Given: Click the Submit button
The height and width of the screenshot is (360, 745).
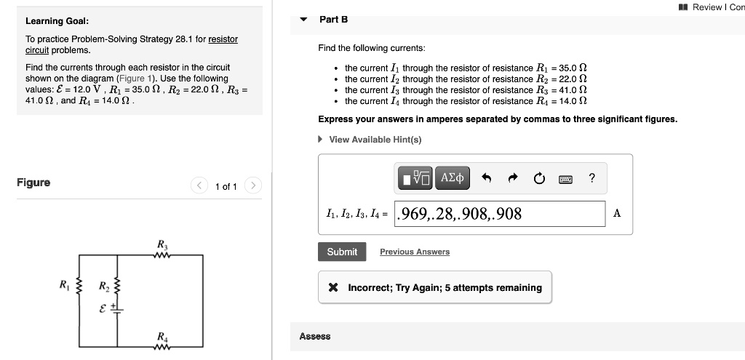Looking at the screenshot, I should pos(342,252).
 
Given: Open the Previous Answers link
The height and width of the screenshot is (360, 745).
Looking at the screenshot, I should pos(414,252).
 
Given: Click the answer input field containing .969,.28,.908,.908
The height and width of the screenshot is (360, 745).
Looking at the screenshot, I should pos(499,214).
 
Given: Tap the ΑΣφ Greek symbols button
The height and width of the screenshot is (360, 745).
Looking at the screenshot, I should pos(453,178).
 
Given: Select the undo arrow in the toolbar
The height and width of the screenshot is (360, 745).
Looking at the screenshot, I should pos(487,178).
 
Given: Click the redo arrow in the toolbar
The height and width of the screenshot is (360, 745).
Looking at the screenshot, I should pos(512,178).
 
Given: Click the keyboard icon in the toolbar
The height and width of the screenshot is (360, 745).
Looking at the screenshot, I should pos(565,178).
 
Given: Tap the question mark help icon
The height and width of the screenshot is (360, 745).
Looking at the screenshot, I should pos(592,177).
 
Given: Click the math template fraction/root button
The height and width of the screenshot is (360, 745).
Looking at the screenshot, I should pos(415,178).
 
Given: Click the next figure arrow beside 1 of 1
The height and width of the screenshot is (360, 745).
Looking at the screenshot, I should pos(252,186).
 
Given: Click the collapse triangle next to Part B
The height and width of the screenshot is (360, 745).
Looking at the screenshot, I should pos(304,20).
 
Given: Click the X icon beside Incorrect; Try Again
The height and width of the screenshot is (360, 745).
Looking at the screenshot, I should pos(332,287).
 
